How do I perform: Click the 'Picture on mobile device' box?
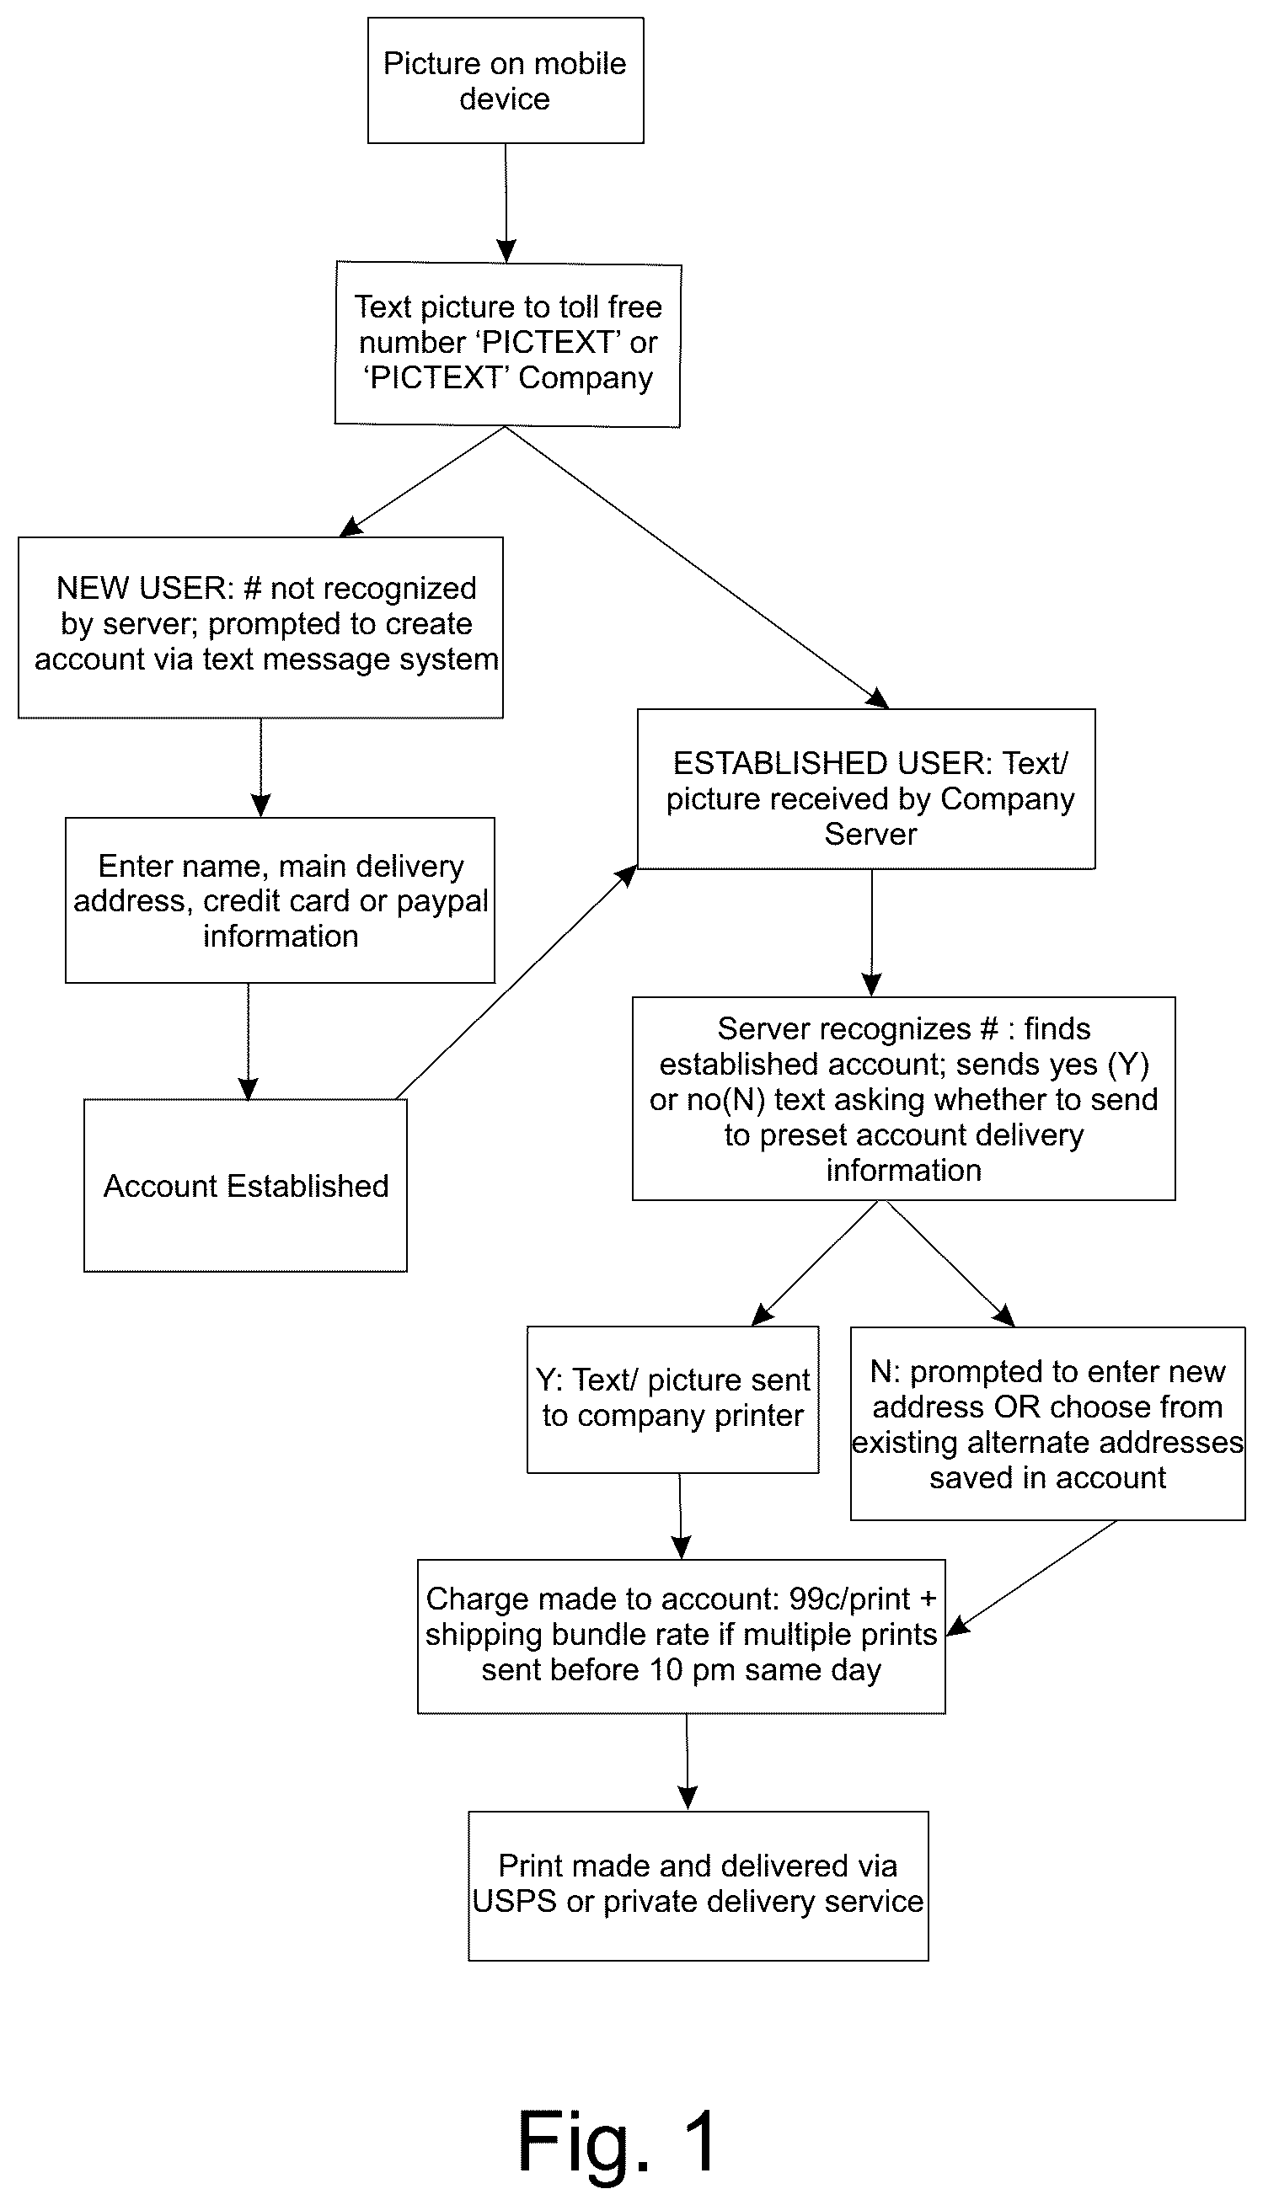pyautogui.click(x=505, y=80)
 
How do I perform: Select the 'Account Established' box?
pyautogui.click(x=245, y=1185)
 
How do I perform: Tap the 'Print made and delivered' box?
pyautogui.click(x=698, y=1885)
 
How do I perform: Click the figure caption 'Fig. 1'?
pyautogui.click(x=618, y=2141)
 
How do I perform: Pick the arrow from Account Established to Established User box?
pyautogui.click(x=516, y=982)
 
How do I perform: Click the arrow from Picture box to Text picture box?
pyautogui.click(x=506, y=203)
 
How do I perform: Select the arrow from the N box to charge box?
pyautogui.click(x=1032, y=1578)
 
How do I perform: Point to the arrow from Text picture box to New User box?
pyautogui.click(x=422, y=481)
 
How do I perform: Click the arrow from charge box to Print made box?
pyautogui.click(x=687, y=1762)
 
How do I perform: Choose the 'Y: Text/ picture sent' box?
pyautogui.click(x=673, y=1400)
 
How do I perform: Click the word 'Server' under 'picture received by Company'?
pyautogui.click(x=870, y=834)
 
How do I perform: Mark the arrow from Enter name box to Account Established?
pyautogui.click(x=248, y=1041)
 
